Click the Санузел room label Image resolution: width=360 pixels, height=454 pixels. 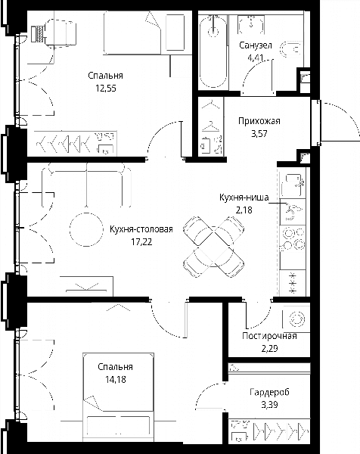coord(256,45)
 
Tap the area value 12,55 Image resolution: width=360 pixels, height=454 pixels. coord(106,88)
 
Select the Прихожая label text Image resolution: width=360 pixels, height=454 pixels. coord(259,121)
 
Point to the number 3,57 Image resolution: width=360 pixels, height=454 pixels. coord(259,133)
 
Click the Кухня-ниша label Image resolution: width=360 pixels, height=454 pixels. coord(244,197)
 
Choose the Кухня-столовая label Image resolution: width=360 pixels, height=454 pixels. coord(141,229)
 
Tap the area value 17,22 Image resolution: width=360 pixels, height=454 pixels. coord(141,242)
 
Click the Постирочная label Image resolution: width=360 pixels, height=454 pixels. coord(269,336)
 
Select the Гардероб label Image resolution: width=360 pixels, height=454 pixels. coord(269,392)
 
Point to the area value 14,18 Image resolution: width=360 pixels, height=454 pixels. coord(116,379)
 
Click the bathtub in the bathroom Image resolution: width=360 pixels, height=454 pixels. coord(213,51)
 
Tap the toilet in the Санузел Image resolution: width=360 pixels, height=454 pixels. coord(291,49)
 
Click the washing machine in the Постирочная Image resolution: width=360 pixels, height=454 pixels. coord(296,319)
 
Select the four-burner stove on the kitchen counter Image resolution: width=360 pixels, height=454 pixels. coord(293,238)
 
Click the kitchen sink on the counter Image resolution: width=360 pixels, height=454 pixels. coord(293,212)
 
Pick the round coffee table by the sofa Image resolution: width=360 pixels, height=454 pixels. coord(86,229)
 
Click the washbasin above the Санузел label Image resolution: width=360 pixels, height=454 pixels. coord(251,23)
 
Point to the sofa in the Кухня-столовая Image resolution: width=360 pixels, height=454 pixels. coord(86,185)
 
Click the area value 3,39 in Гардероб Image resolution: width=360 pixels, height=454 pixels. coord(269,405)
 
